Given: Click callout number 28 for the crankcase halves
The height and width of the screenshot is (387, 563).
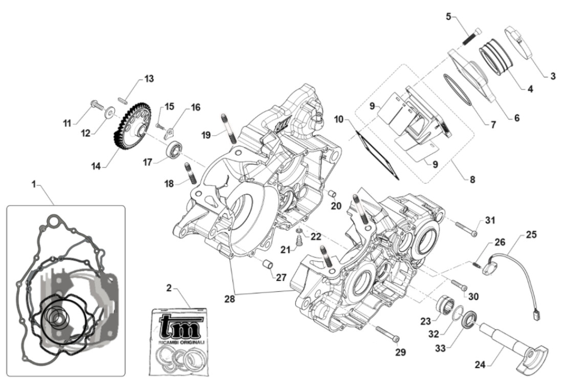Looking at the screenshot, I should coord(229,298).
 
